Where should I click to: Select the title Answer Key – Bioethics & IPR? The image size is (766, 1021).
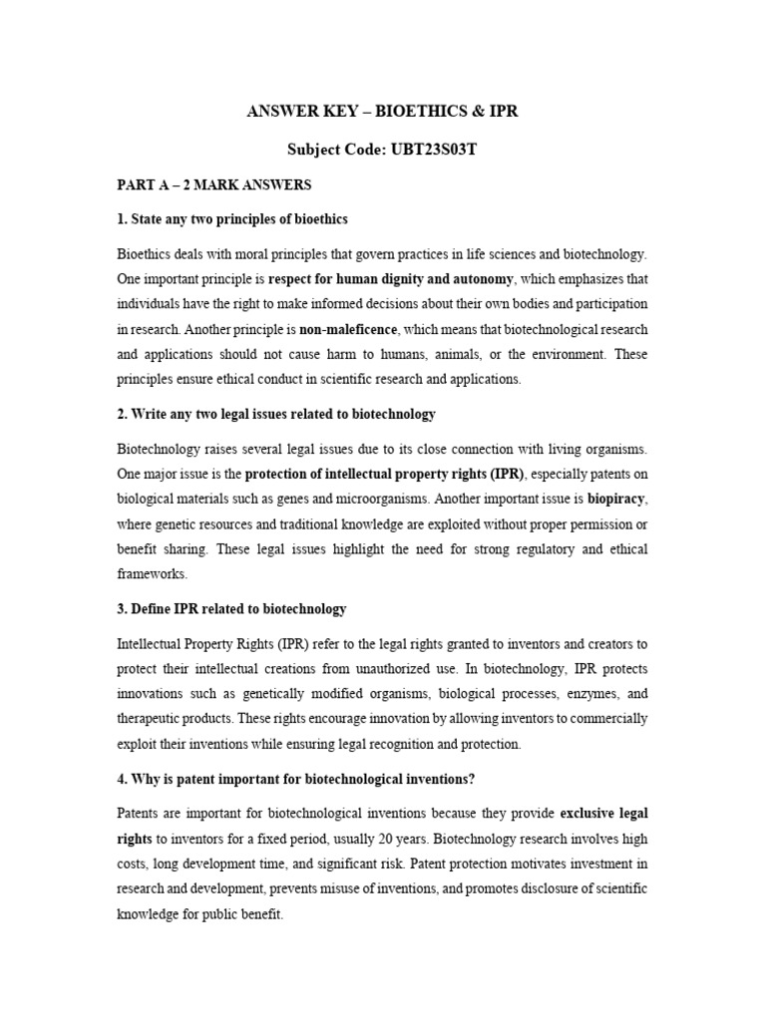click(x=382, y=112)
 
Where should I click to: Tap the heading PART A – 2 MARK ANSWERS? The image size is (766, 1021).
click(x=213, y=184)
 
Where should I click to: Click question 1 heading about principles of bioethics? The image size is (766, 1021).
click(x=231, y=218)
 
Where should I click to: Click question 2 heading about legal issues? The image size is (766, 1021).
click(x=275, y=413)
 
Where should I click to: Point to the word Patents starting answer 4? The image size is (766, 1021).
click(x=141, y=815)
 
